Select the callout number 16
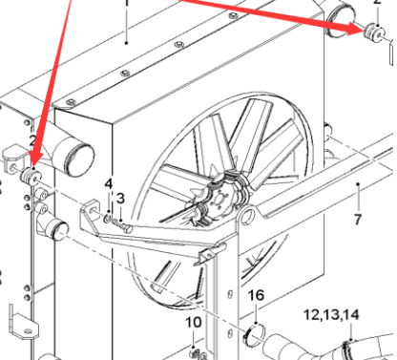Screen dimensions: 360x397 [x=255, y=295]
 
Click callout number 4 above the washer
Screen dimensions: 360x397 [x=109, y=182]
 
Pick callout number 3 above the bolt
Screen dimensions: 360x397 [x=121, y=198]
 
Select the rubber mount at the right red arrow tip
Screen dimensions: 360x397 [x=372, y=32]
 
